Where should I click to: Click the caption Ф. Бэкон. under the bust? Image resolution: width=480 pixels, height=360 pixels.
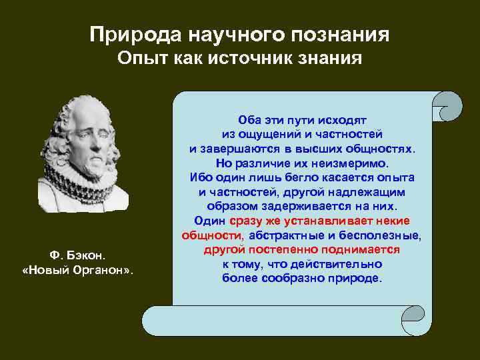[78, 255]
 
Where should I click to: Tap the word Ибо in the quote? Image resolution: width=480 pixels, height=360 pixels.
[200, 177]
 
